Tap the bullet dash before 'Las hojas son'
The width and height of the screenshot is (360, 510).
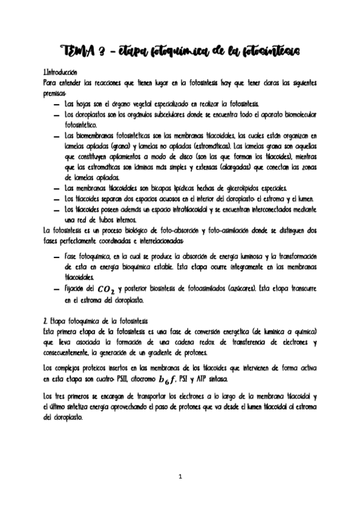coord(55,104)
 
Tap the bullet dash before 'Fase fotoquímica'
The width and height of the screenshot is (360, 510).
coord(55,256)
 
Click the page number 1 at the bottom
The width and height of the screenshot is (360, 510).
coord(180,477)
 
